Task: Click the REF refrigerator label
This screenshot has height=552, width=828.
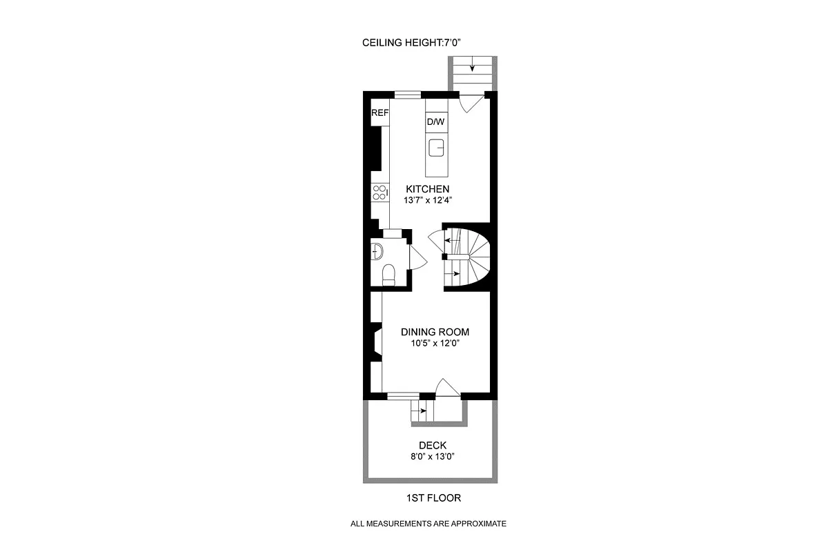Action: pos(380,113)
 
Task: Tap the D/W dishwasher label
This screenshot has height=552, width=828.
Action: pos(435,122)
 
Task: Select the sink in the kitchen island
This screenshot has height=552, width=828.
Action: pos(435,148)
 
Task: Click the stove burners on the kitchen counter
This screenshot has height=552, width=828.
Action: pos(379,192)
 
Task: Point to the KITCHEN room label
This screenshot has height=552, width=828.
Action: pos(427,189)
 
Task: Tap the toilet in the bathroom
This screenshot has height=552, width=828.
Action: pos(388,274)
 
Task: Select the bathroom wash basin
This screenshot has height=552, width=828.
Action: pos(377,250)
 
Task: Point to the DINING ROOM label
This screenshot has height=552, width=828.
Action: pos(435,332)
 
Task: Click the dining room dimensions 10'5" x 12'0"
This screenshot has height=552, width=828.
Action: pos(435,343)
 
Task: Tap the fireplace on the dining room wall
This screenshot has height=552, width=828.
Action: pos(375,343)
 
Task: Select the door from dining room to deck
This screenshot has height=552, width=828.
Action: pos(447,388)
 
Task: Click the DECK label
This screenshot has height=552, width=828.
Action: pos(432,446)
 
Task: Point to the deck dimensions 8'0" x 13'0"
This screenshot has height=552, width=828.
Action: pos(432,457)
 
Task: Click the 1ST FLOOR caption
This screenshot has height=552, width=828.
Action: pos(433,497)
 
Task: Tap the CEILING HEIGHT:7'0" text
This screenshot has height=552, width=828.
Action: pos(411,43)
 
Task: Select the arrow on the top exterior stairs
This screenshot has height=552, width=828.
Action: pos(473,67)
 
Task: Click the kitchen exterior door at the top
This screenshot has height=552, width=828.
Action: pos(471,102)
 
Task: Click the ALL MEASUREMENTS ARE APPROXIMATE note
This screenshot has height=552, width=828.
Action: pos(428,524)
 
